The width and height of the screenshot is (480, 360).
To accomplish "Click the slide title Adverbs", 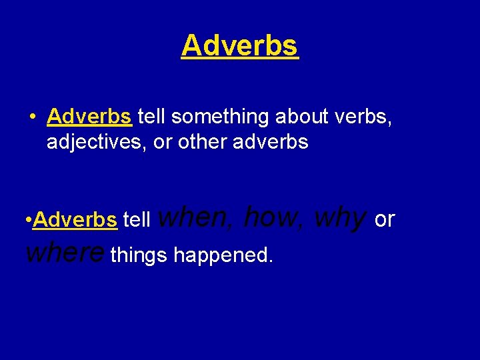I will pos(239,45).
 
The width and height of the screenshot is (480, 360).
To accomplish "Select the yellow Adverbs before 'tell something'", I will pos(89,117).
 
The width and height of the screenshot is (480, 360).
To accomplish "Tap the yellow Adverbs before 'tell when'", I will pos(75,219).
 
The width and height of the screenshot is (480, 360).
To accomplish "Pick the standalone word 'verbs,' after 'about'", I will pos(360,117).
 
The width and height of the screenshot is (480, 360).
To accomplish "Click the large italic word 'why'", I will pos(340,217).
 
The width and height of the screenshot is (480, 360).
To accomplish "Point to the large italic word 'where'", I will pos(65,252).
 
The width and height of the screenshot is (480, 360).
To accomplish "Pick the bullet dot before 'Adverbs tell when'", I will pos(27,220).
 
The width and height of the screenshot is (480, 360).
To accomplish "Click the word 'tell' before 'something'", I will pos(153,117).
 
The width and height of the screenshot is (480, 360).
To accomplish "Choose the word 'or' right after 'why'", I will pos(385,219).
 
